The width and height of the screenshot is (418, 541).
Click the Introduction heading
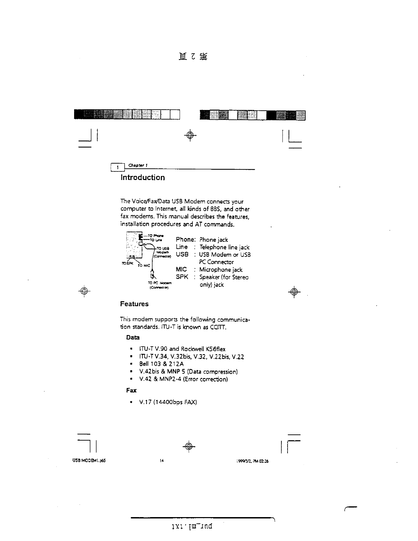click(142, 178)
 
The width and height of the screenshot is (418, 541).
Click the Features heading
click(134, 304)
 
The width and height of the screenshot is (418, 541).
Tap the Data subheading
click(133, 337)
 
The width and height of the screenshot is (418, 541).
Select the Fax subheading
click(131, 390)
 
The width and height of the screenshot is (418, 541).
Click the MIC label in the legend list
click(181, 269)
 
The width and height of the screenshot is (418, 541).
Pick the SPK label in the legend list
click(182, 277)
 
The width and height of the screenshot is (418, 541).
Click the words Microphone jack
click(221, 270)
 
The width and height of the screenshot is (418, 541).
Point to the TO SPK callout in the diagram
click(127, 263)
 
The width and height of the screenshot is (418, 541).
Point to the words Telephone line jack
click(224, 247)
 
